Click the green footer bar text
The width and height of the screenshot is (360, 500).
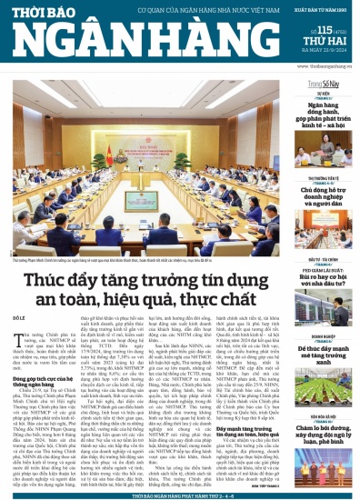[x=180, y=495]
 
